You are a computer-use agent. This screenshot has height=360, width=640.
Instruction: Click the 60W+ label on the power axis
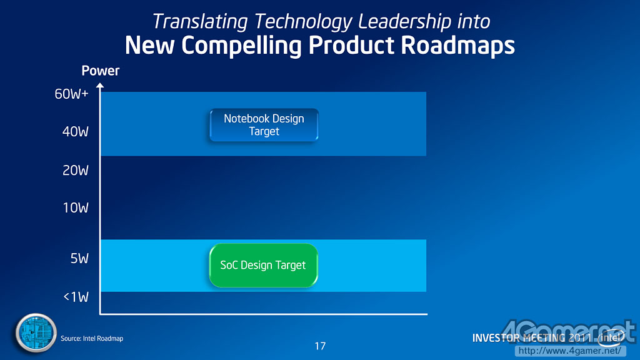71,94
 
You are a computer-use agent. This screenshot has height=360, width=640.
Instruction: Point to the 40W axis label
76,132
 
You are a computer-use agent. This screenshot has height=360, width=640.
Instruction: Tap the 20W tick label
76,170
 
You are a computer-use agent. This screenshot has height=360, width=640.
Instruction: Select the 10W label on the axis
76,207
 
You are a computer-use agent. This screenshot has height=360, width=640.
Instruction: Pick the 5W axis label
79,258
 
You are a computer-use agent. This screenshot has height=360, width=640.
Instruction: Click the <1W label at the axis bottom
76,297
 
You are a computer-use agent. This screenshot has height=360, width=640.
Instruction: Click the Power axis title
101,71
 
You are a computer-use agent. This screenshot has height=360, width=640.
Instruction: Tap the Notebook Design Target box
264,125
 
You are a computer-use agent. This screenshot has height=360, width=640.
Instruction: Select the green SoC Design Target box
264,265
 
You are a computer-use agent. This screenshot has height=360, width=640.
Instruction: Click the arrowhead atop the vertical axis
100,85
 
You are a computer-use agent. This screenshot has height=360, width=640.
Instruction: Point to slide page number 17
321,346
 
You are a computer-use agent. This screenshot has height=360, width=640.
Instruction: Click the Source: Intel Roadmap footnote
92,338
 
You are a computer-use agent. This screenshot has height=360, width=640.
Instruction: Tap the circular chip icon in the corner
36,332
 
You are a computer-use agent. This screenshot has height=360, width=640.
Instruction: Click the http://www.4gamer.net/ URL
570,351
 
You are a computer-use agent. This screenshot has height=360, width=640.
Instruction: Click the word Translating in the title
200,22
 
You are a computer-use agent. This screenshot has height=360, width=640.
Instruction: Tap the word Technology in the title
303,22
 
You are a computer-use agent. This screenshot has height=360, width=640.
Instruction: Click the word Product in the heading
351,45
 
